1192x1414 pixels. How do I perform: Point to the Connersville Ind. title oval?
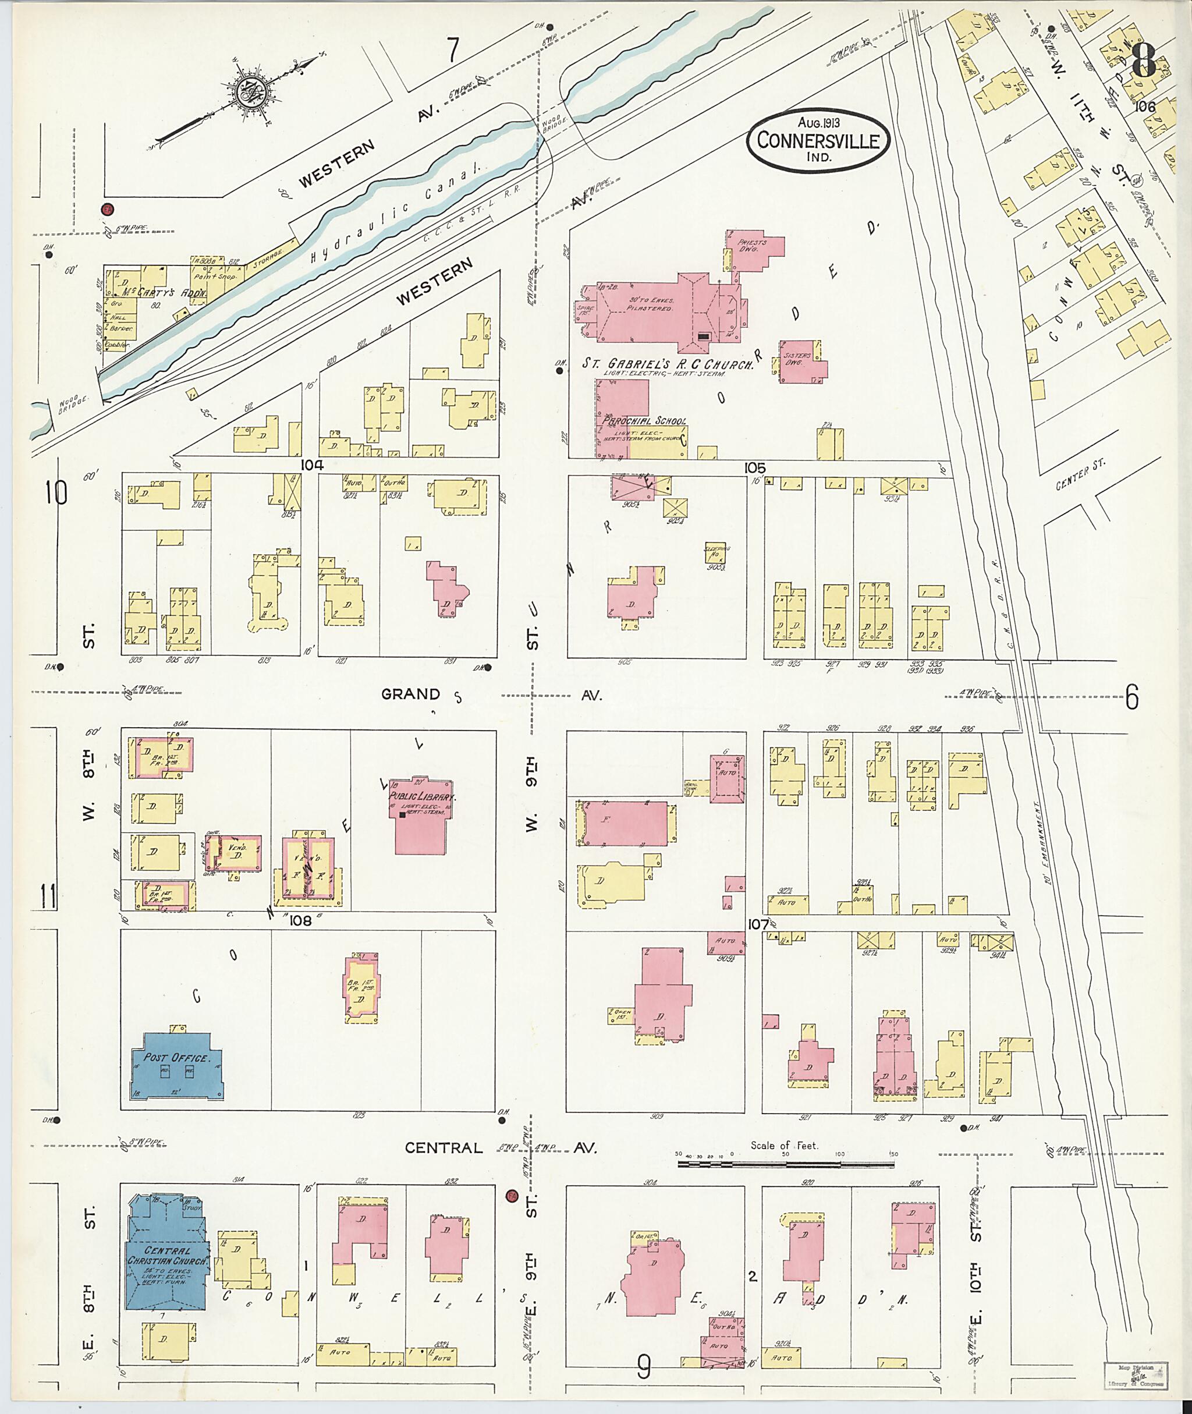click(x=818, y=141)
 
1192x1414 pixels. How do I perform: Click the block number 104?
click(x=313, y=465)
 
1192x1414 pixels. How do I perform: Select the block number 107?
click(x=758, y=924)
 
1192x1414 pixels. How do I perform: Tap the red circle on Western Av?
click(x=107, y=210)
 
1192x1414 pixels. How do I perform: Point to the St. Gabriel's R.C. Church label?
click(x=668, y=364)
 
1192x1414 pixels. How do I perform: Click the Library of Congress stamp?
click(x=1141, y=1376)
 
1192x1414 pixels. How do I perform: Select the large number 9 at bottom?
click(x=643, y=1368)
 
